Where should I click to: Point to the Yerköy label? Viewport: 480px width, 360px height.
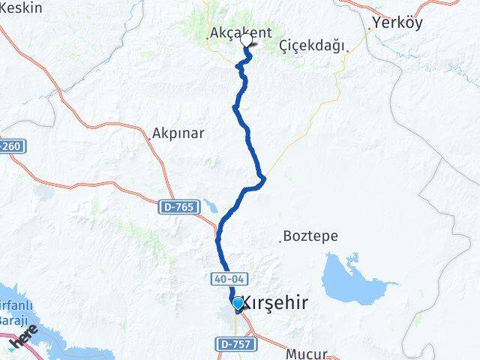point(397,22)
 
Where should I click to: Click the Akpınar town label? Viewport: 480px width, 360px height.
point(178,133)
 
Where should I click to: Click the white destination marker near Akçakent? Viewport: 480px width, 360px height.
point(246,40)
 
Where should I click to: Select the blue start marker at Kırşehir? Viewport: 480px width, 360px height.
point(238,303)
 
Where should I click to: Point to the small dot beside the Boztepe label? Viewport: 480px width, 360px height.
point(283,241)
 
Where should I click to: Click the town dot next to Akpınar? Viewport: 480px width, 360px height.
point(148,138)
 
